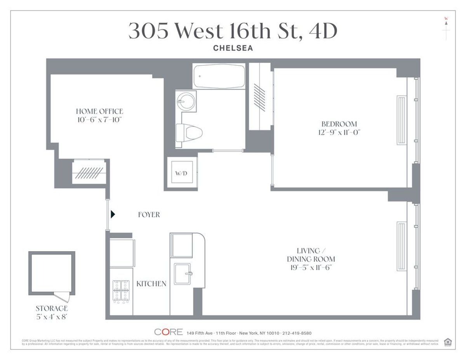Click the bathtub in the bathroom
219,77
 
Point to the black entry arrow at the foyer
113,214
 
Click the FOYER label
149,214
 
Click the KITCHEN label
151,284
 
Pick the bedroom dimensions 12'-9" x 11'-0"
339,132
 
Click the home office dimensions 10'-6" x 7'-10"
99,120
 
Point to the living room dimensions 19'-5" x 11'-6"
311,267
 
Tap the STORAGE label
52,308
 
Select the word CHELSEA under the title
233,48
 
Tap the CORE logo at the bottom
169,332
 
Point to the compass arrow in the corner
447,23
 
